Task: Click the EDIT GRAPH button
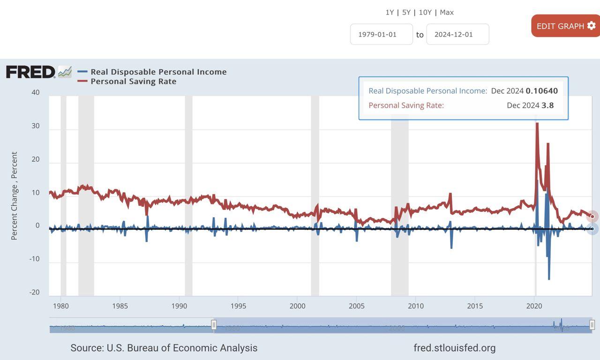[565, 26]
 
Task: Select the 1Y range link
[390, 12]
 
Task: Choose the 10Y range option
[425, 12]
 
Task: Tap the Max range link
[447, 12]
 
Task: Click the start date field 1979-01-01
[381, 34]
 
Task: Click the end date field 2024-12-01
[457, 34]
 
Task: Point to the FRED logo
[31, 72]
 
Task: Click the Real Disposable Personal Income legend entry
[158, 72]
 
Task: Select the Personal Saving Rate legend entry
[133, 82]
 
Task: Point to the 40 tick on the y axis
[36, 92]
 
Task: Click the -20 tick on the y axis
[35, 292]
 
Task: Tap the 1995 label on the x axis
[238, 306]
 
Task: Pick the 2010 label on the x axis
[416, 306]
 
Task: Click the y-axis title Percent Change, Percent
[14, 195]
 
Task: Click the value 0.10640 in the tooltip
[541, 91]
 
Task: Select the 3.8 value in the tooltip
[547, 105]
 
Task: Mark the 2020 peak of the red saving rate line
[537, 124]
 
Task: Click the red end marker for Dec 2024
[592, 216]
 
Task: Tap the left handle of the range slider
[214, 325]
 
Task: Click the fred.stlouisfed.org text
[454, 348]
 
